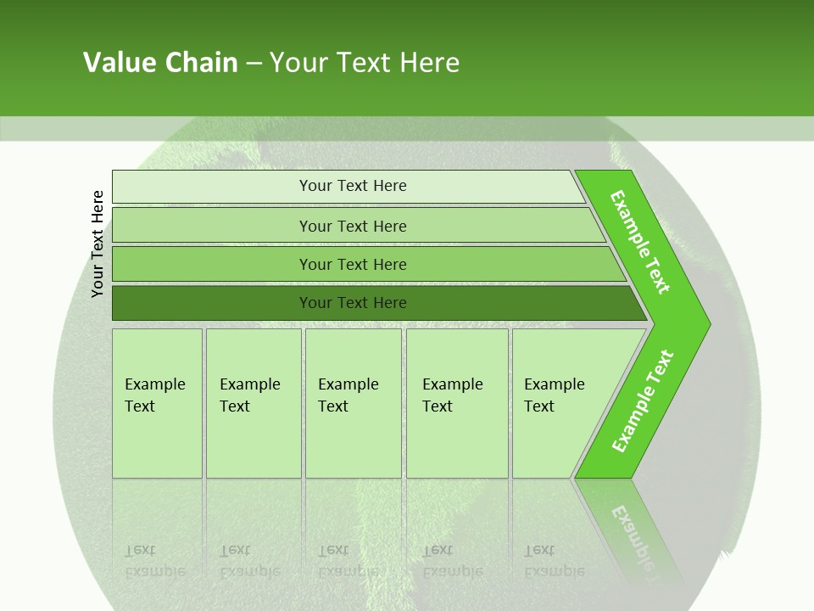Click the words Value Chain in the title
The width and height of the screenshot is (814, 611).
[x=160, y=63]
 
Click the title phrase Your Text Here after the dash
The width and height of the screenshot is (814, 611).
[x=365, y=63]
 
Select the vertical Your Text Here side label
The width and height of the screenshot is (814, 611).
[x=98, y=244]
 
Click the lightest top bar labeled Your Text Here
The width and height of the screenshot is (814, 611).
[x=352, y=186]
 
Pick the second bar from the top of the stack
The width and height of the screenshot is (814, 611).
[x=352, y=226]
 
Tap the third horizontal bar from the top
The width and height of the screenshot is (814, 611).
[x=352, y=264]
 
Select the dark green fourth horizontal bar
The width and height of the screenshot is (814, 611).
[x=352, y=303]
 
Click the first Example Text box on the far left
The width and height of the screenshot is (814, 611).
[x=157, y=403]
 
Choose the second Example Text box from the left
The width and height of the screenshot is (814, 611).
[x=253, y=403]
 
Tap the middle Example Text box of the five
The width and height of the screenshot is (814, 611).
[x=352, y=403]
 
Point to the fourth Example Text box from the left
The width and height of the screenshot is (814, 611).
[x=456, y=403]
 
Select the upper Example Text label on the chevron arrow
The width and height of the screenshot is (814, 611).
[x=641, y=242]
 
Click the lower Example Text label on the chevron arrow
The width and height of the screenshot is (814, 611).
[x=642, y=401]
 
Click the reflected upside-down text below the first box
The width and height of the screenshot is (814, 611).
[x=154, y=560]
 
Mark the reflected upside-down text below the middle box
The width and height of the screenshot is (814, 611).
[x=348, y=560]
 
